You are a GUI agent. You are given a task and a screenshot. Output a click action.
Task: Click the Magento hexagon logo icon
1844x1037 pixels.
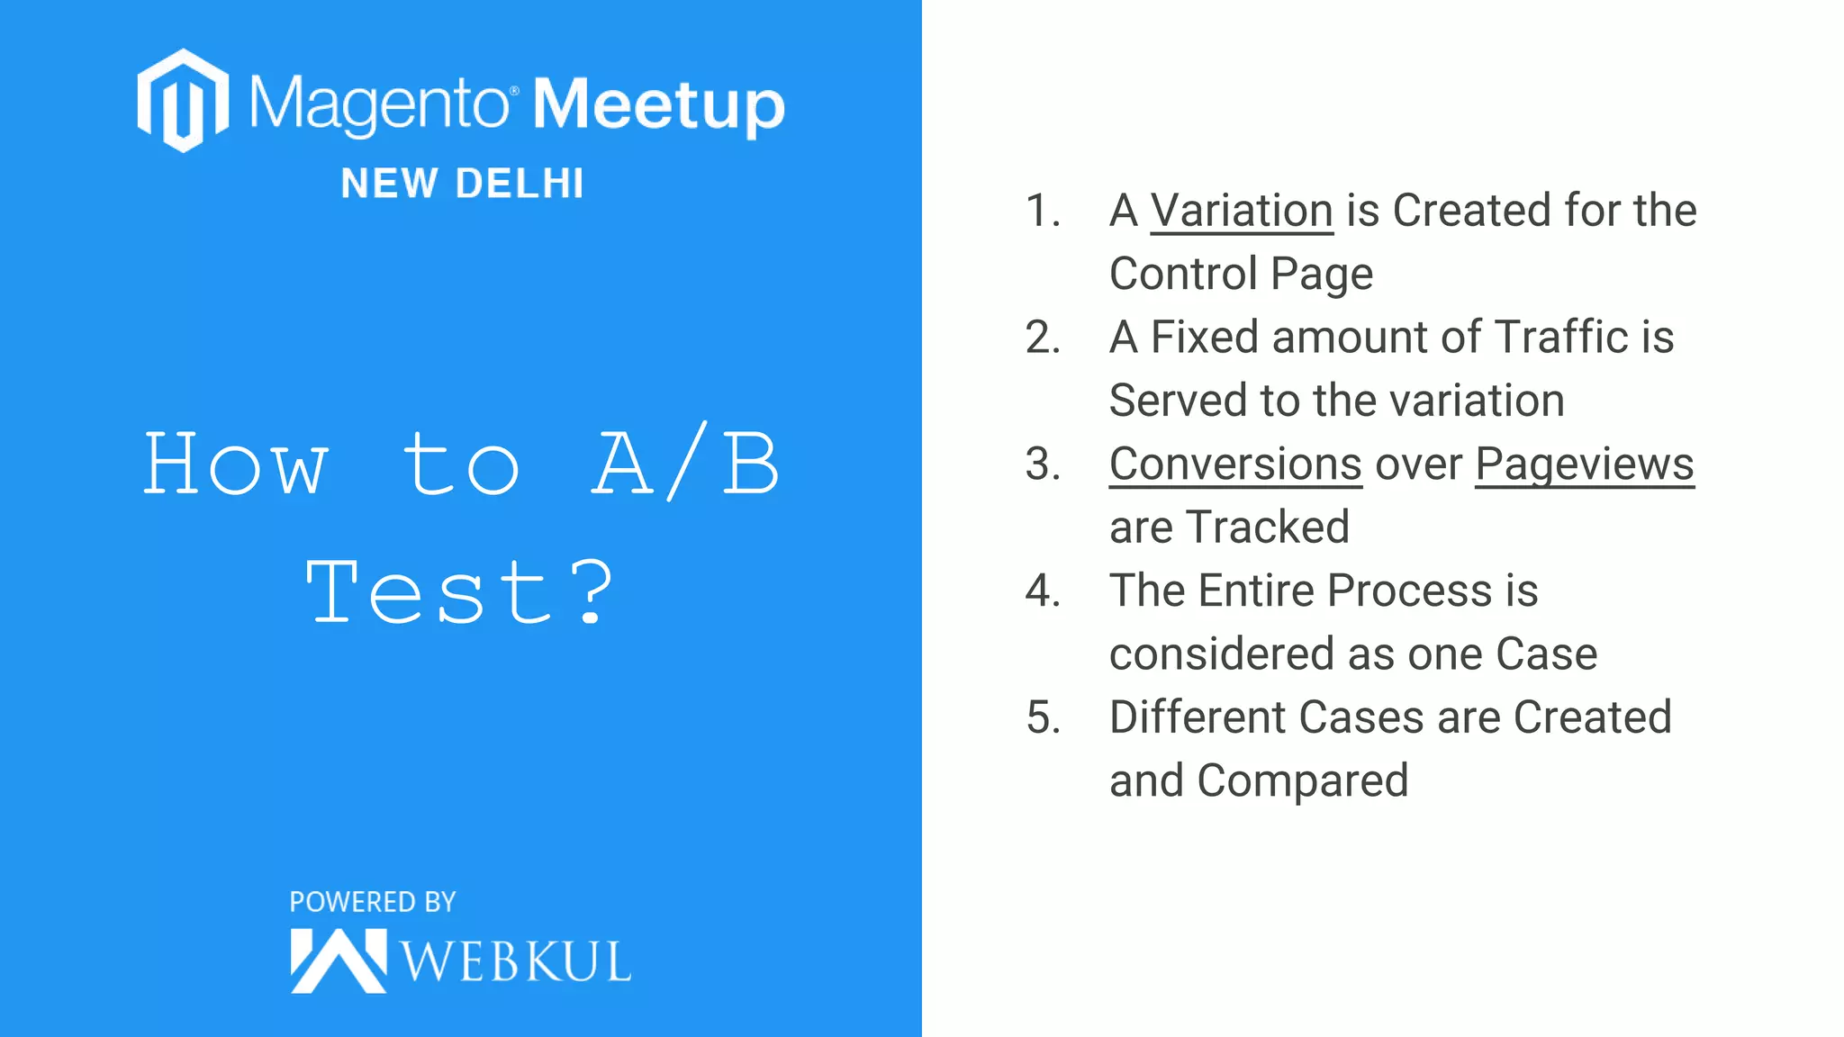(x=183, y=101)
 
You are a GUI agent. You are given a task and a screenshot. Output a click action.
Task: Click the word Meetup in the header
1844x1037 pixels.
(x=658, y=105)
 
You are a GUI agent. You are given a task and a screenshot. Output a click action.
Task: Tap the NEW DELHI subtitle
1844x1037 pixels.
(x=463, y=184)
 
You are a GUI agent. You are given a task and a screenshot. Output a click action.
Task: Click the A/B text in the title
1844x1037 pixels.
(x=686, y=463)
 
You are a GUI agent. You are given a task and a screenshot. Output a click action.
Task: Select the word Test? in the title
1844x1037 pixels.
(x=460, y=591)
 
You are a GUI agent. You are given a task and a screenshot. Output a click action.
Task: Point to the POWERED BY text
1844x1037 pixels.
(x=373, y=902)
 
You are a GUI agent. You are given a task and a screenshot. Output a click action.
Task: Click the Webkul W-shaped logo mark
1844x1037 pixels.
(x=338, y=961)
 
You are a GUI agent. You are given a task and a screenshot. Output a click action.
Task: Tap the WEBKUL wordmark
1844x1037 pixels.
(x=515, y=961)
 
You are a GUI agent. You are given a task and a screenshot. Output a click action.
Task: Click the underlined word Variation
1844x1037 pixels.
(x=1241, y=211)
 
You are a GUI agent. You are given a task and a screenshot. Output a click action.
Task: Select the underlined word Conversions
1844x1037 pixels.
(x=1234, y=464)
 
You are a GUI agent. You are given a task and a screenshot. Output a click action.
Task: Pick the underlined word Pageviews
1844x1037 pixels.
(x=1584, y=464)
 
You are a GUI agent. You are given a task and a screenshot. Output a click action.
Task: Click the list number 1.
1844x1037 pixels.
(x=1042, y=211)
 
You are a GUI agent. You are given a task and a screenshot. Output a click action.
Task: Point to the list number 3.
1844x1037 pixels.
(x=1043, y=464)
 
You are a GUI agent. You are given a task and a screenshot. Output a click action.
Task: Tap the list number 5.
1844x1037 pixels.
(x=1043, y=717)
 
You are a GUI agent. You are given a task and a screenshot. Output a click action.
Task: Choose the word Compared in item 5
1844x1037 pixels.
(x=1302, y=780)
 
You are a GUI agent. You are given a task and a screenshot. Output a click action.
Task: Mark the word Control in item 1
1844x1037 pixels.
(x=1183, y=274)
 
